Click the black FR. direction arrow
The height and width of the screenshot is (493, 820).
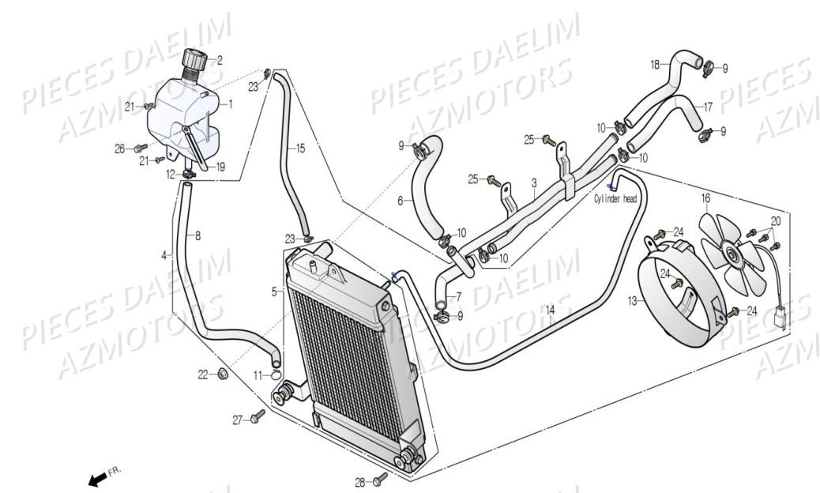coord(98,479)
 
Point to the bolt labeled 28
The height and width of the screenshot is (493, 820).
coord(382,477)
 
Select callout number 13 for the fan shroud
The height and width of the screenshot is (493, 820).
coord(632,300)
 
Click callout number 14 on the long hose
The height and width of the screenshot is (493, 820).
coord(551,310)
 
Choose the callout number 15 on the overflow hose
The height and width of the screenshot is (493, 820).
coord(300,147)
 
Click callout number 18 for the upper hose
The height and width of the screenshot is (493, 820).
coord(655,63)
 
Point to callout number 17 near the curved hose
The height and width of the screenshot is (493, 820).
coord(709,106)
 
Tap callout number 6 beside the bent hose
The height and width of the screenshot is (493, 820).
coord(400,201)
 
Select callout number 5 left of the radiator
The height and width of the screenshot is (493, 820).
coord(274,292)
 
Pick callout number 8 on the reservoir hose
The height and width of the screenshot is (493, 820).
coord(197,235)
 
